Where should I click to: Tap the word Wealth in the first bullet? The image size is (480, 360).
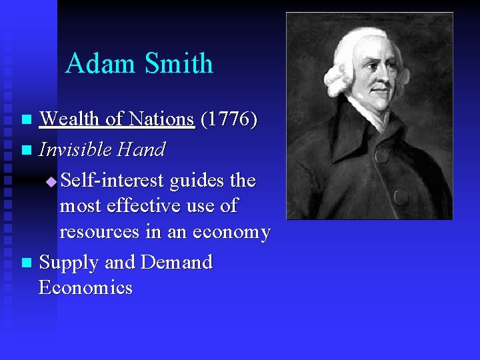tap(70, 119)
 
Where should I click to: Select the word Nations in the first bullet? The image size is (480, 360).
tap(161, 119)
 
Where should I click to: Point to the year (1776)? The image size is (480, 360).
tap(229, 119)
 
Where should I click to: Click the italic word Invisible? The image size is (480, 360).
tap(74, 149)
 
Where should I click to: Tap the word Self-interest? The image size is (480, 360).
tap(113, 180)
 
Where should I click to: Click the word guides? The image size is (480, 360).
tap(197, 181)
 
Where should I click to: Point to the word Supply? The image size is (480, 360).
tap(68, 263)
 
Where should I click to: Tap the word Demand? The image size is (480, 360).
tap(176, 262)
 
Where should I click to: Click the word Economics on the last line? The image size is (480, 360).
tap(86, 288)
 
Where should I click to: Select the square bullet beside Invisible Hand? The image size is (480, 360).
tap(26, 151)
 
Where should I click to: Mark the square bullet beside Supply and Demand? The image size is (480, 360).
tap(26, 263)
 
